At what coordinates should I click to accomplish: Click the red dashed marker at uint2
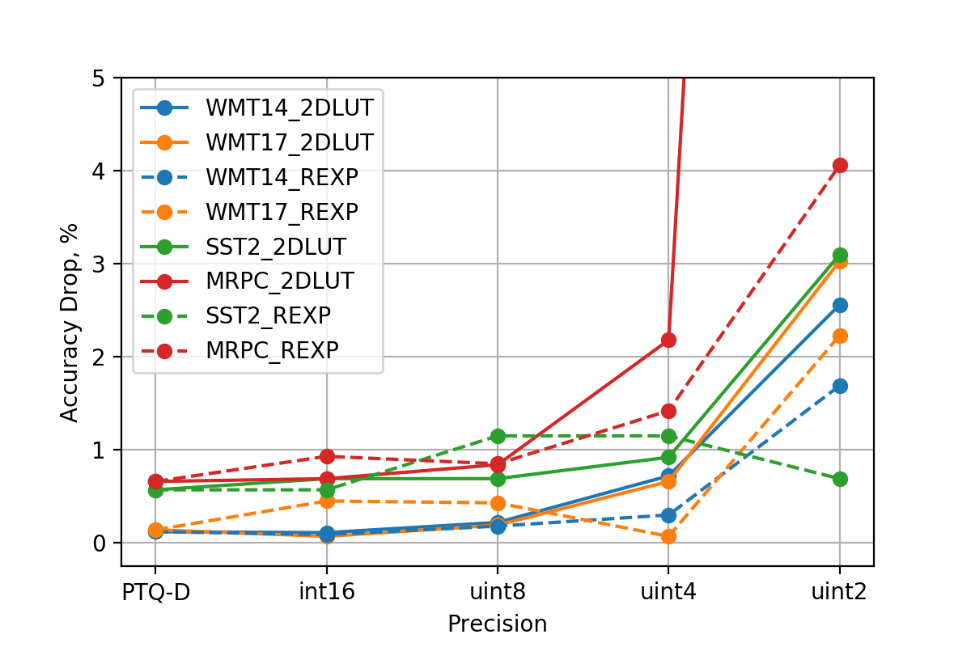pos(839,165)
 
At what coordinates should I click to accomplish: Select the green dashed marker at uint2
pos(839,479)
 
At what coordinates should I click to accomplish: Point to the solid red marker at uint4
pos(668,340)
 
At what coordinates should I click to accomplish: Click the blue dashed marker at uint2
pos(839,386)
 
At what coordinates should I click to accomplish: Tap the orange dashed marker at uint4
pos(668,536)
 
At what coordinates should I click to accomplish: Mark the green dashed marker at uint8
pos(498,436)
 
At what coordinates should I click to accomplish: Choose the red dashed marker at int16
pos(327,456)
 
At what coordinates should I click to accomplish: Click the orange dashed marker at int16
pos(327,501)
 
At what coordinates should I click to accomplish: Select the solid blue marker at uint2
pos(839,305)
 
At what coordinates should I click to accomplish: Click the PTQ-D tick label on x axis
pos(155,591)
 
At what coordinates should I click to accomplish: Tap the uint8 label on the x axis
pos(498,591)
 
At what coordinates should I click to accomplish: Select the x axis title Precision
pos(497,624)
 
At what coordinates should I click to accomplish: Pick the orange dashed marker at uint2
pos(839,336)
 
